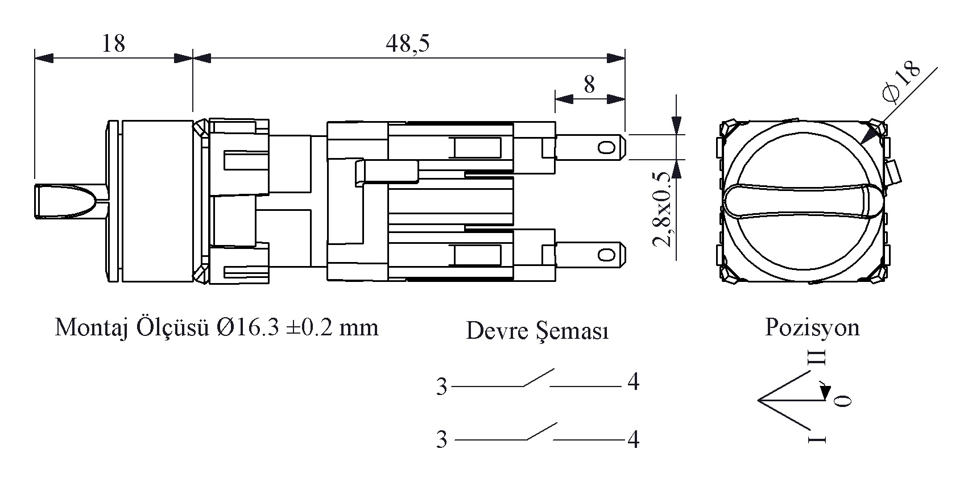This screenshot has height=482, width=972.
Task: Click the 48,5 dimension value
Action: point(407,43)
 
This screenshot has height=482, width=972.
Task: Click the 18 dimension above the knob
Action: point(114,44)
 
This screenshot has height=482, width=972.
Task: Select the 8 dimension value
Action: point(589,84)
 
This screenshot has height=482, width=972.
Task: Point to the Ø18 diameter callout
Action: point(901,82)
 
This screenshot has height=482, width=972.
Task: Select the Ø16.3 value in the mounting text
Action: point(247,327)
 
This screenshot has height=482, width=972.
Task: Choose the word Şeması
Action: point(572,331)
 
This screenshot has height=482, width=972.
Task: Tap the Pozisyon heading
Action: point(812,327)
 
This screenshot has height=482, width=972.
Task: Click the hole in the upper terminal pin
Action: point(607,148)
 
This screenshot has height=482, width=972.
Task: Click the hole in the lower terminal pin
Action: point(607,255)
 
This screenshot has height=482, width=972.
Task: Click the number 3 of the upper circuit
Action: point(442,387)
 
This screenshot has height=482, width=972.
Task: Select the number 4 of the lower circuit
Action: point(634,439)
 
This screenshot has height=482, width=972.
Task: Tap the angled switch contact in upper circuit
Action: point(539,377)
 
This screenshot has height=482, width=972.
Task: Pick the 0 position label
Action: point(843,401)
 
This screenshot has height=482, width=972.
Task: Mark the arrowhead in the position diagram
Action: point(825,392)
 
